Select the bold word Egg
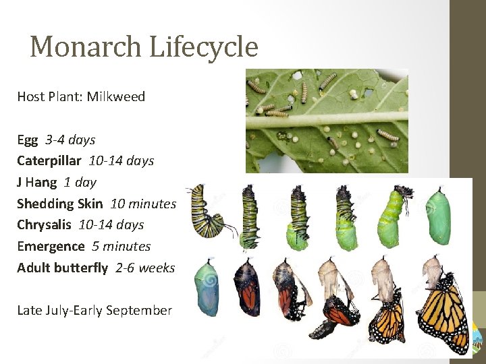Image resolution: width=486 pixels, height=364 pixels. pyautogui.click(x=28, y=140)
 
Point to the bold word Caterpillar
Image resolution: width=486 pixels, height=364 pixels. pyautogui.click(x=49, y=161)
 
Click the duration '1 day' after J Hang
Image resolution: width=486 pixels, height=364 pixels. pyautogui.click(x=80, y=182)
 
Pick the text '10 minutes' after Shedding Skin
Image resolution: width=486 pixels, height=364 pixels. pyautogui.click(x=142, y=204)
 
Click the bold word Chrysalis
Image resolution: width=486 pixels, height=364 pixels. pyautogui.click(x=45, y=224)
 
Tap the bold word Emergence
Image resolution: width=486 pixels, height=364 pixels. pyautogui.click(x=51, y=246)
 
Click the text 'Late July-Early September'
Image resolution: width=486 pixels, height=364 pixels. pyautogui.click(x=94, y=310)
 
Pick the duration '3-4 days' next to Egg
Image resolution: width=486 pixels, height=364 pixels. pyautogui.click(x=70, y=140)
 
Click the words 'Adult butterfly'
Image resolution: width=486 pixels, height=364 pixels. pyautogui.click(x=62, y=268)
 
